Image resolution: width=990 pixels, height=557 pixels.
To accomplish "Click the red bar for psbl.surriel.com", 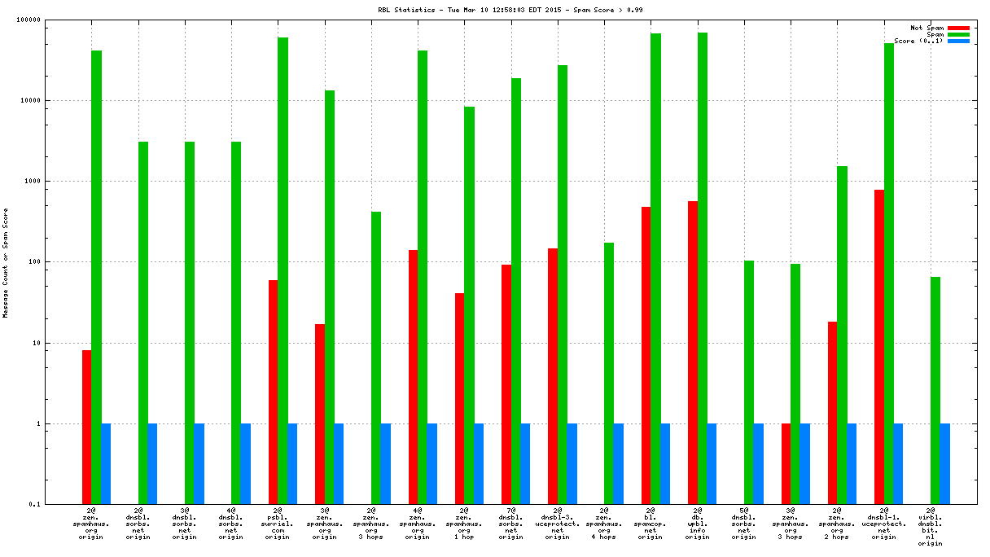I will coord(274,392).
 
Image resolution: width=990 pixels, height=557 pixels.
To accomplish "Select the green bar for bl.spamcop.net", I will coord(655,269).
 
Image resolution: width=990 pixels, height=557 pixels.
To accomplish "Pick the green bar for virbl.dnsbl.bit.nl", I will coord(935,390).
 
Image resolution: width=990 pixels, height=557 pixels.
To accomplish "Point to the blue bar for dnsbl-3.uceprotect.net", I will coord(572,463).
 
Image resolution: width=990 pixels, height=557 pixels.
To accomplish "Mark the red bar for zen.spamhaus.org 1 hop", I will coord(460,398).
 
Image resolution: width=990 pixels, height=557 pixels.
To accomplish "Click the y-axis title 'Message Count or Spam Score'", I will coord(6,262).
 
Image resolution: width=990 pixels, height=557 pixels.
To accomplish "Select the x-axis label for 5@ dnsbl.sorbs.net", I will coord(743,524).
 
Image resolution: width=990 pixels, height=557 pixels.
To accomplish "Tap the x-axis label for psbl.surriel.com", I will coord(278,524).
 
